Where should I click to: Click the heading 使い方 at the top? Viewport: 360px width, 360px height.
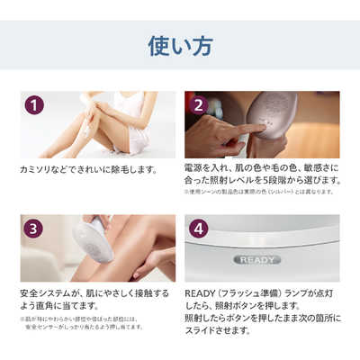click(x=180, y=44)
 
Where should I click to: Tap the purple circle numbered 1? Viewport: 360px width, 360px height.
click(x=34, y=105)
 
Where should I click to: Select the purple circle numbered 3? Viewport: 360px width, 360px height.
click(x=34, y=228)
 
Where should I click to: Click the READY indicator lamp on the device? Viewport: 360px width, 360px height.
click(x=257, y=259)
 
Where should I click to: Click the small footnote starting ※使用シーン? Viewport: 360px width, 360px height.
click(x=261, y=192)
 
